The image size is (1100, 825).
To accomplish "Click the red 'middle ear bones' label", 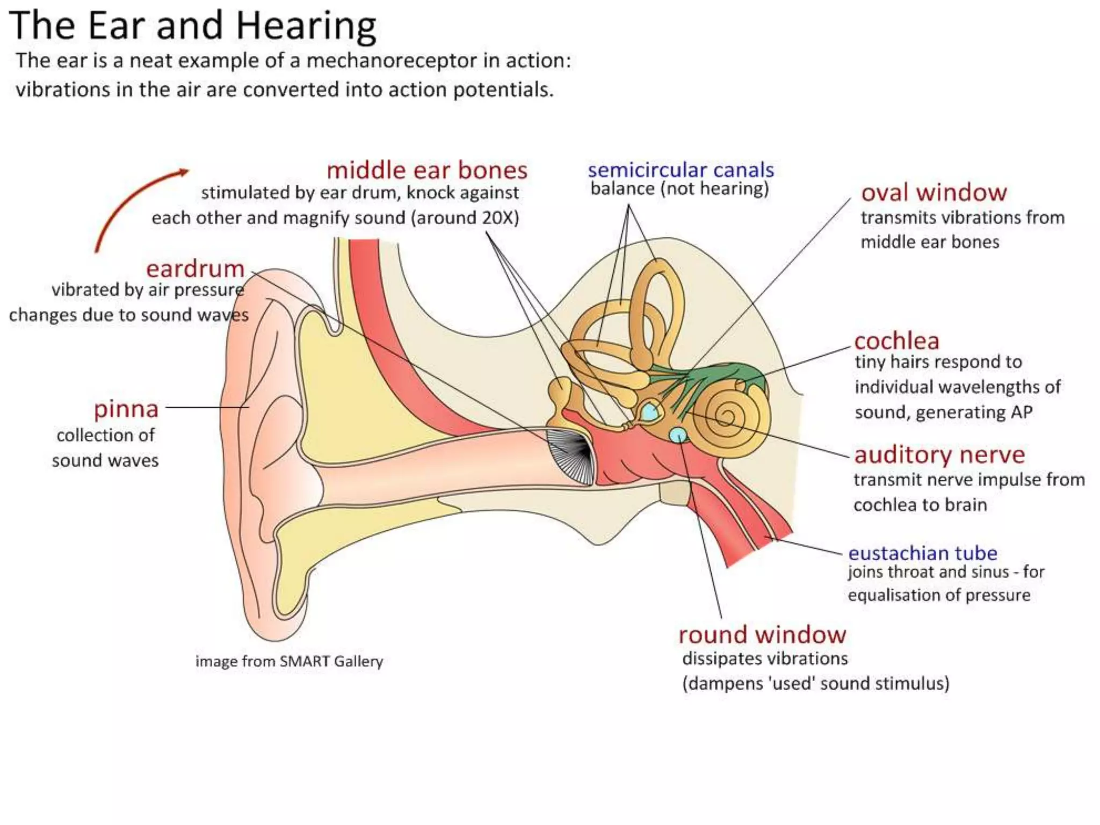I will click(x=427, y=171).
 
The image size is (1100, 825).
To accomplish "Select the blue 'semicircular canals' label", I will click(x=681, y=170).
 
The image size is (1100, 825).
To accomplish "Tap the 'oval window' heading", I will click(x=934, y=192).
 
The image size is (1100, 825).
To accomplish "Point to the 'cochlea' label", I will click(x=896, y=341).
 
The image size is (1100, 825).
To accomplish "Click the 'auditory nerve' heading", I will click(x=939, y=455).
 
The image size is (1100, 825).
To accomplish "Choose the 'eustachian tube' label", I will click(x=922, y=553).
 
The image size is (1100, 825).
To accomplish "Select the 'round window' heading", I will click(x=762, y=635).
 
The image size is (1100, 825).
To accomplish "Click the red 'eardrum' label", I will click(x=195, y=269).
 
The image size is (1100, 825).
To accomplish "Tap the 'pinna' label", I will click(x=126, y=409).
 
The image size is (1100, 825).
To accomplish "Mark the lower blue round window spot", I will click(x=678, y=434).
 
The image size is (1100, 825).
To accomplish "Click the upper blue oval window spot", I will click(x=650, y=412).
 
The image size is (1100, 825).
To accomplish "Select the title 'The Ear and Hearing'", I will click(x=192, y=25).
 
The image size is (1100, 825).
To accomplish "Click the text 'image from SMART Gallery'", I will click(x=289, y=661).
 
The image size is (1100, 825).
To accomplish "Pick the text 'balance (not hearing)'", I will click(x=679, y=189).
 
